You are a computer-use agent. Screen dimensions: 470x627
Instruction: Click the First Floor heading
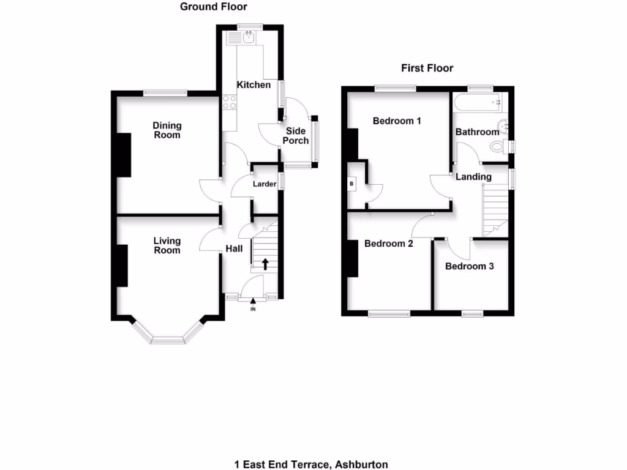coord(427,68)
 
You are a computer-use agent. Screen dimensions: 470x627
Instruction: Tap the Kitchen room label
coord(253,84)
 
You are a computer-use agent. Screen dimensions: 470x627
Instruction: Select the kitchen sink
coord(249,39)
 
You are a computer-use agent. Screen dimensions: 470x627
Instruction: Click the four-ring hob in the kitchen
coord(230,102)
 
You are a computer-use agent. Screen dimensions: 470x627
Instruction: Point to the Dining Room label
coord(167,130)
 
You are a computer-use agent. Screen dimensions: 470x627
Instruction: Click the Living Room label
coord(167,245)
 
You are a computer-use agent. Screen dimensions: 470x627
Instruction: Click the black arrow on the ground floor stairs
coord(266,264)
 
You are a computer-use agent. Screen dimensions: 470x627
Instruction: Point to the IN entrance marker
coord(253,309)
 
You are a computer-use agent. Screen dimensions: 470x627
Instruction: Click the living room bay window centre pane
coord(168,340)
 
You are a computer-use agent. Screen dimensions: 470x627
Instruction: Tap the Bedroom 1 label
coord(397,121)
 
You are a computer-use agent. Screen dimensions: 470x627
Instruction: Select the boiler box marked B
coord(351,183)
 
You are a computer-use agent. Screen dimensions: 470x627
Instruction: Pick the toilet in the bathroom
coord(497,146)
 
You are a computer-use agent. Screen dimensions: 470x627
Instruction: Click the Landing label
coord(473,177)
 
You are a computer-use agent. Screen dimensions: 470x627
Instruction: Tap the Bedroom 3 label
coord(469,266)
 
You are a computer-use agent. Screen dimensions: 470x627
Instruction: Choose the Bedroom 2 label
coord(388,244)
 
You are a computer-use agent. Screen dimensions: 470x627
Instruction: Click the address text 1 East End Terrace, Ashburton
coord(311,464)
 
